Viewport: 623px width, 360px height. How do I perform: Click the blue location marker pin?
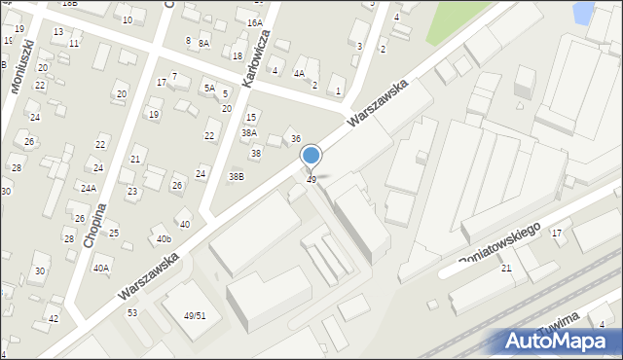[x=311, y=157]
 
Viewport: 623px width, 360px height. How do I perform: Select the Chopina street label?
[x=93, y=225]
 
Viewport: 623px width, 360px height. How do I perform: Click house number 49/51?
[x=195, y=316]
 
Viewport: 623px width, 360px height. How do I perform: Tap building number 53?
[x=132, y=312]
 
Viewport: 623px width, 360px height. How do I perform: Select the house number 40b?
[x=164, y=238]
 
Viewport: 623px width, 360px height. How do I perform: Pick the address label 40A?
[x=101, y=268]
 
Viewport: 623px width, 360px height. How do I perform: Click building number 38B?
[x=237, y=176]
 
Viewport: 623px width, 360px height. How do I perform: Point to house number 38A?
[x=249, y=132]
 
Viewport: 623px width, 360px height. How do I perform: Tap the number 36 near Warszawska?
[x=296, y=139]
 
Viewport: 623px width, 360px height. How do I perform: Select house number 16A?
[x=254, y=22]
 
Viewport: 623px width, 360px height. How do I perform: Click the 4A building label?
[x=300, y=73]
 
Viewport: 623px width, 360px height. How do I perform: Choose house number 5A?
[x=208, y=88]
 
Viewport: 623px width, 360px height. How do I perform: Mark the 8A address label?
[x=203, y=43]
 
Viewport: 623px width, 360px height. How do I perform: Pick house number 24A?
[x=89, y=188]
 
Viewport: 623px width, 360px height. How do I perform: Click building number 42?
[x=54, y=318]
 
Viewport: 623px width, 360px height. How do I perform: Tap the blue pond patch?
[x=583, y=13]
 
